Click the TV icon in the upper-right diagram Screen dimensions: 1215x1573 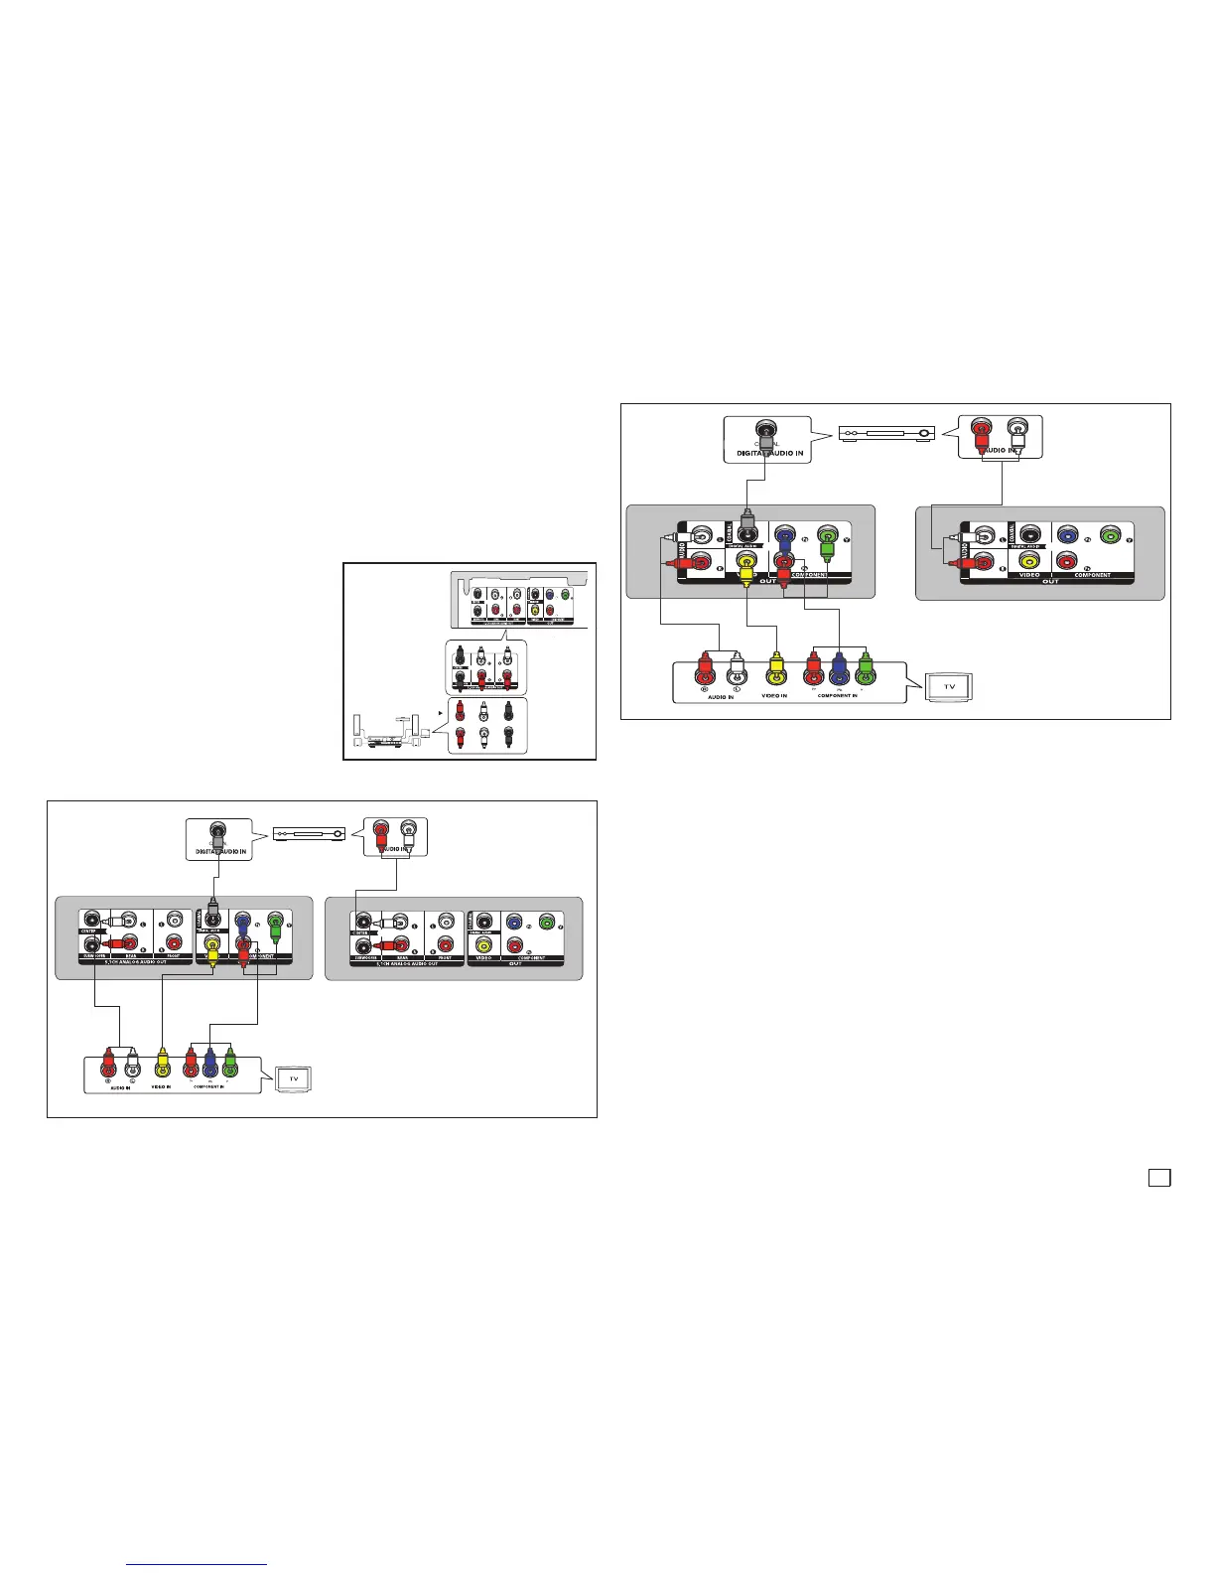pos(949,686)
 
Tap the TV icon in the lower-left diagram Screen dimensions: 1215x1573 pos(294,1078)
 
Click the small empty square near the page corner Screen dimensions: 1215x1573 pos(1158,1177)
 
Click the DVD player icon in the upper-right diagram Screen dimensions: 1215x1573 pos(886,433)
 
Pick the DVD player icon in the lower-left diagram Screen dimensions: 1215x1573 pos(310,832)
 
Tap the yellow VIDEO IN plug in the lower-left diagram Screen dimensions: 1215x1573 pos(163,1064)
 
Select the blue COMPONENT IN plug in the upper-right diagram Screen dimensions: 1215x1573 pos(840,670)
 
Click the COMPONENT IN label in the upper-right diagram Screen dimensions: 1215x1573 pos(837,696)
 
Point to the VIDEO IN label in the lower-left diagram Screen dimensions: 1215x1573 pos(163,1087)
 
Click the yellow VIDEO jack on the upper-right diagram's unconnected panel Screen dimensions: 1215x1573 pos(1029,561)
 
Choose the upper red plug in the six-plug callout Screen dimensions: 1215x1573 pos(459,711)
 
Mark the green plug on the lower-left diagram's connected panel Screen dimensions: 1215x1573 pos(275,931)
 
